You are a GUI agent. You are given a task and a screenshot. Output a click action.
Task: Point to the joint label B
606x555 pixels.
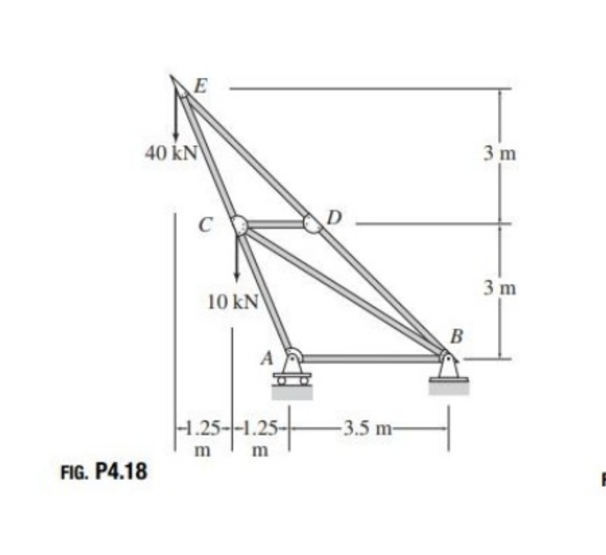pyautogui.click(x=457, y=336)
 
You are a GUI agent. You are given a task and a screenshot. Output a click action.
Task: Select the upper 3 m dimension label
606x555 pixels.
pyautogui.click(x=500, y=154)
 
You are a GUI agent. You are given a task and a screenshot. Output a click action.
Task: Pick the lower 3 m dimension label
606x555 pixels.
pyautogui.click(x=500, y=288)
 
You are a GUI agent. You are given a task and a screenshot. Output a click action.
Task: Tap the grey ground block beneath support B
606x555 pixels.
pyautogui.click(x=449, y=388)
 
